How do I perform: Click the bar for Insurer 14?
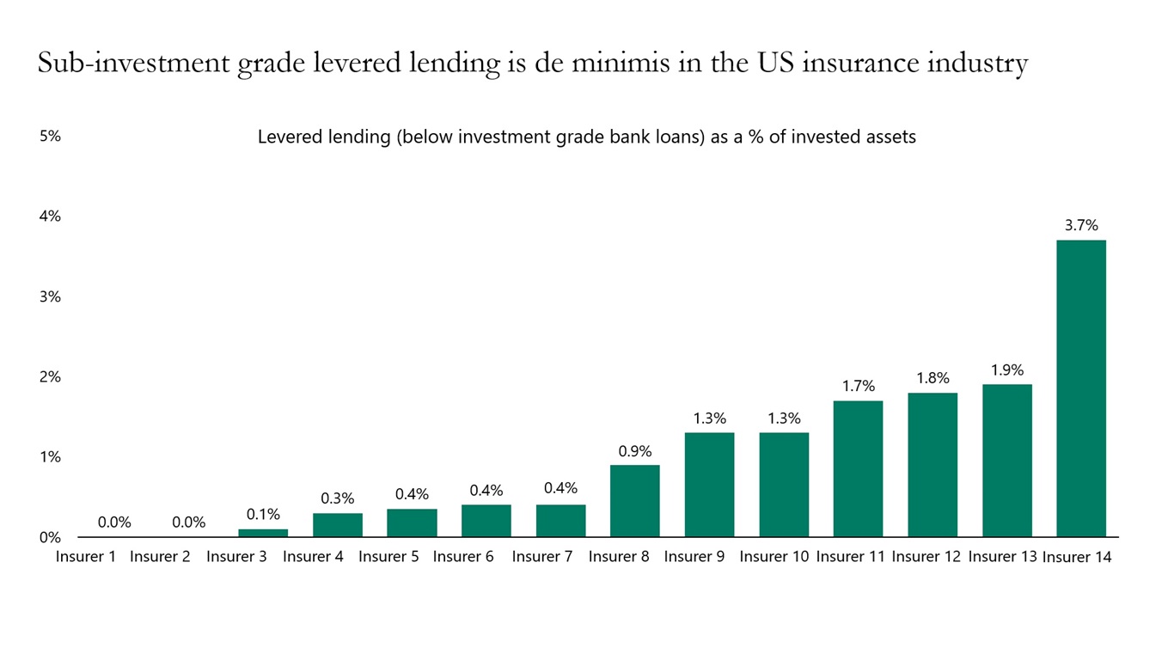pos(1080,388)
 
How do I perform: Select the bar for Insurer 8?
pos(634,501)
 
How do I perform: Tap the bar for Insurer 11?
pos(858,468)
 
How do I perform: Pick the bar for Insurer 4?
pos(337,525)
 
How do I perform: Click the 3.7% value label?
pos(1081,226)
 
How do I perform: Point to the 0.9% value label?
pos(635,451)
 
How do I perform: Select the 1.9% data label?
pos(1006,370)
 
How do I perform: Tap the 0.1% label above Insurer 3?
pos(263,515)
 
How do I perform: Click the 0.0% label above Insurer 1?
pos(114,522)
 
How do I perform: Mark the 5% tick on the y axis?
pos(50,136)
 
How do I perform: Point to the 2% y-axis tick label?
pos(50,377)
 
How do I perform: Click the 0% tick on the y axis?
pos(50,538)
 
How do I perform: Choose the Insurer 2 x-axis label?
pos(160,557)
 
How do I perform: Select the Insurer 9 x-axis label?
pos(694,557)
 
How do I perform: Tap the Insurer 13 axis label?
pos(1002,557)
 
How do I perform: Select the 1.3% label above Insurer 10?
pos(784,419)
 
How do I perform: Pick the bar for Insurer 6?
pos(486,521)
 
